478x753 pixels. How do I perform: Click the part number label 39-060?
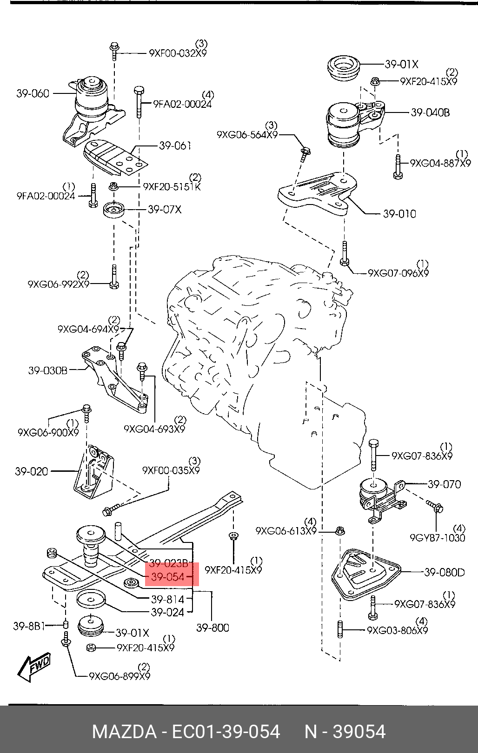click(x=33, y=93)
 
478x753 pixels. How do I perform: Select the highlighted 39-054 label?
click(x=167, y=578)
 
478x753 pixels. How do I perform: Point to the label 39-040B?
click(x=430, y=112)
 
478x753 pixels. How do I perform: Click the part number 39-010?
click(x=399, y=214)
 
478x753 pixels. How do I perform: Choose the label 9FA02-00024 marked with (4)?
click(x=182, y=105)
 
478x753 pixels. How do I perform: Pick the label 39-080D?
click(x=444, y=572)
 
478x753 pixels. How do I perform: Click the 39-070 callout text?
click(x=444, y=484)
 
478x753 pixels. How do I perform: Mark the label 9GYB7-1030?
click(x=438, y=538)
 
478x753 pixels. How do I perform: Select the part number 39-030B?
click(x=48, y=370)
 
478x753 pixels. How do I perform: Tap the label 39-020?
click(x=32, y=471)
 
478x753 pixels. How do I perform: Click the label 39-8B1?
click(x=29, y=626)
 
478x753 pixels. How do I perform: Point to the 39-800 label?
click(x=212, y=627)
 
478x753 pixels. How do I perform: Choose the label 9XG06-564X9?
click(x=247, y=135)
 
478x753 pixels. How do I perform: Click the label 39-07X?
click(x=165, y=210)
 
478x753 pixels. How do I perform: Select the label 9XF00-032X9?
click(x=178, y=53)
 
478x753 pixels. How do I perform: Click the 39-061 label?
click(x=175, y=145)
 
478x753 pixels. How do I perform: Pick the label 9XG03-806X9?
click(x=397, y=630)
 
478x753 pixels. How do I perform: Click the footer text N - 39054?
click(x=345, y=732)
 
